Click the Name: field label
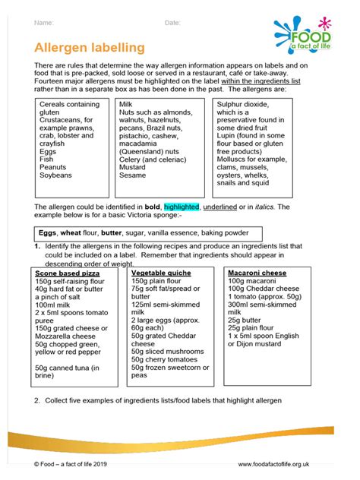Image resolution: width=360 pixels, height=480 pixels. point(44,23)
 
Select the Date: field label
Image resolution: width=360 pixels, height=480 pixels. point(172,23)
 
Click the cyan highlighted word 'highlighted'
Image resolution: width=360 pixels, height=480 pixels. point(181,207)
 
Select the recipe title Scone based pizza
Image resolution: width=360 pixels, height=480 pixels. point(68,273)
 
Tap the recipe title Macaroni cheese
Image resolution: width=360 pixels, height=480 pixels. point(259,273)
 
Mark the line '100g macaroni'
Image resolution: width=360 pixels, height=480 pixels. point(253,281)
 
